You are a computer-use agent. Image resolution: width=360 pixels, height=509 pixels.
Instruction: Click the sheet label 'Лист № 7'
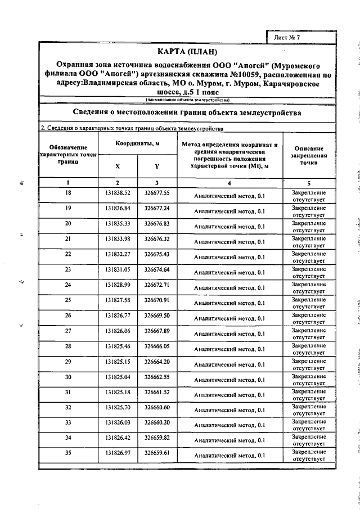tap(290, 37)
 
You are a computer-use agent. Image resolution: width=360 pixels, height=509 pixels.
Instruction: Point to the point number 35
tap(68, 453)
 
